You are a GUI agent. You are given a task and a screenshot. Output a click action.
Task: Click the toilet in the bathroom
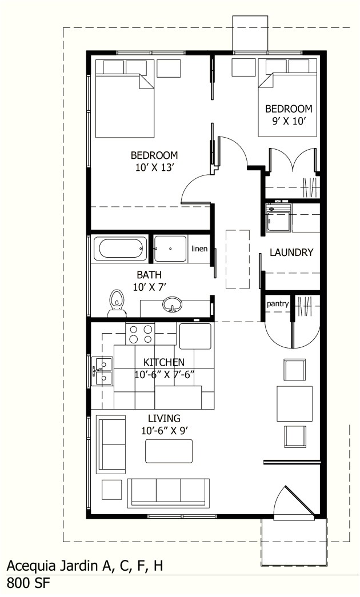coord(117,301)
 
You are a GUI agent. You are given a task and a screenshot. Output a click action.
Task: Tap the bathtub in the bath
coord(121,249)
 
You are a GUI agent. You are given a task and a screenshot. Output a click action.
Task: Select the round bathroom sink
coord(171,306)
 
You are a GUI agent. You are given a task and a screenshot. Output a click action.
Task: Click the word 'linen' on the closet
coord(199,249)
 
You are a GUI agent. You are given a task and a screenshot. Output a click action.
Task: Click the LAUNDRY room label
coord(291,252)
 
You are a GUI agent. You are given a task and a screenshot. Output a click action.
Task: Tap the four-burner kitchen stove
coord(141,334)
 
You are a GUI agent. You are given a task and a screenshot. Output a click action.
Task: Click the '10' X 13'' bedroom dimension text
coord(154,167)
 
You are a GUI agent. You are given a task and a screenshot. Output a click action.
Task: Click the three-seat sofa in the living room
coord(169,491)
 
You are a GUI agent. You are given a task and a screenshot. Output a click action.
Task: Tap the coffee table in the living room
coord(169,451)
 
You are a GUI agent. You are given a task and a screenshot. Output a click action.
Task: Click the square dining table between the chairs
coord(294,403)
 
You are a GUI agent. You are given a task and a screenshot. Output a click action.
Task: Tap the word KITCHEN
coord(163,362)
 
